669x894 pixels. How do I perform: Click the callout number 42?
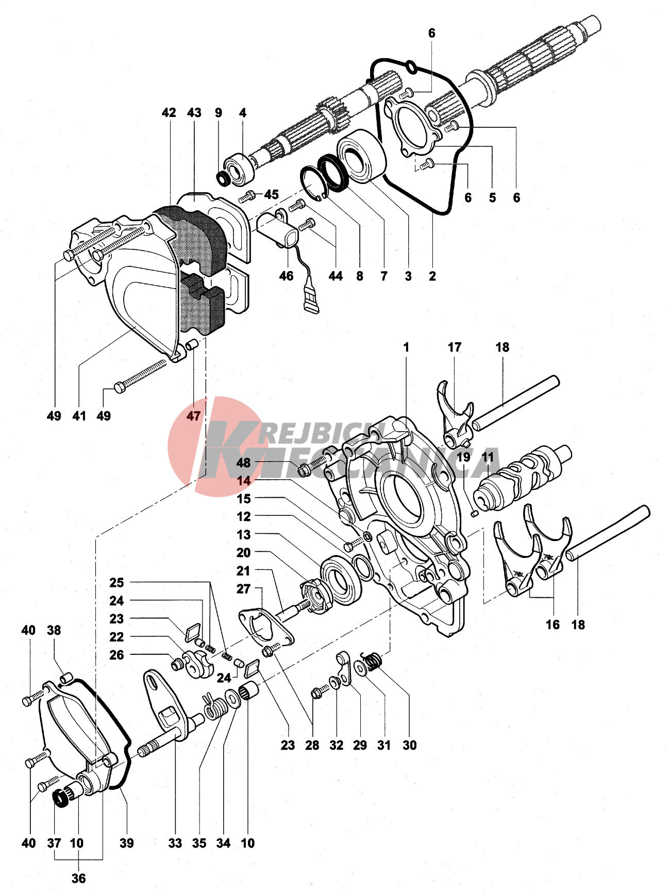point(169,113)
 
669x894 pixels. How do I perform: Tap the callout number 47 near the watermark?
point(193,416)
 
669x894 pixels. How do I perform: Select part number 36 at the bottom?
point(78,878)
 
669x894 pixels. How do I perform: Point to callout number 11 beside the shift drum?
point(488,457)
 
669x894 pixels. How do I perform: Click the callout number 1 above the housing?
point(406,347)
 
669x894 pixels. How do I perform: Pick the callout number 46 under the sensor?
point(286,276)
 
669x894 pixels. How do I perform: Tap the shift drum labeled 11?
point(521,477)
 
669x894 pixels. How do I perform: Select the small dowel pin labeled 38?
point(65,677)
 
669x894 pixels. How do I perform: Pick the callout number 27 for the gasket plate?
point(243,588)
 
